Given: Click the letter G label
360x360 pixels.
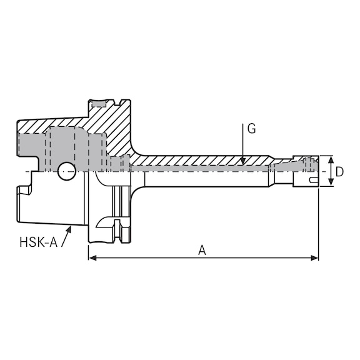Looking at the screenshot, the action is [251, 129].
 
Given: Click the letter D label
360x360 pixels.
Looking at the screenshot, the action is [339, 172].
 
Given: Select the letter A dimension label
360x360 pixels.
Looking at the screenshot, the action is [202, 250].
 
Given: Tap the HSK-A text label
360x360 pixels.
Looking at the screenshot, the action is [38, 242].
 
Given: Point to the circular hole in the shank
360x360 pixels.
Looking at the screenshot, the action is [67, 171].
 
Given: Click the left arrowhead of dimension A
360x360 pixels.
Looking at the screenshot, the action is [92, 258].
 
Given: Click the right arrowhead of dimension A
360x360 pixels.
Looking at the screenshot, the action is [314, 258].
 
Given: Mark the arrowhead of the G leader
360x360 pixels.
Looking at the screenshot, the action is [243, 161].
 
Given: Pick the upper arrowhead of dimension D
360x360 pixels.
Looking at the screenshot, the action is [331, 159].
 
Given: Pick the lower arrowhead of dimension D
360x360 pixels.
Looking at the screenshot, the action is [331, 182].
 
